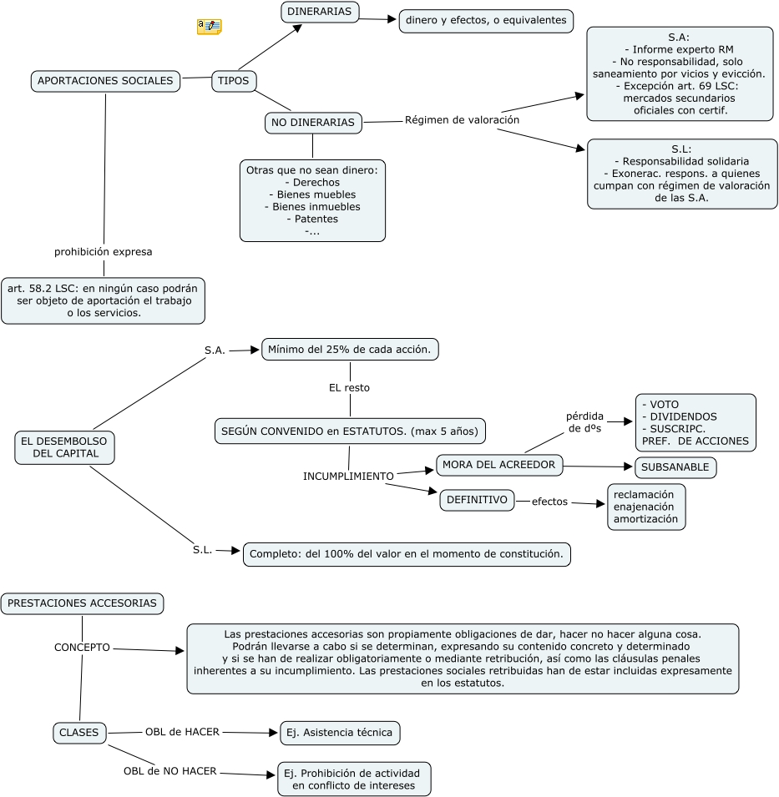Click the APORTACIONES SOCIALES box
[105, 81]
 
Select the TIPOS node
[233, 81]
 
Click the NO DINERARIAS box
[313, 123]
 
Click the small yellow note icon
[209, 27]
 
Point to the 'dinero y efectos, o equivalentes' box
[486, 20]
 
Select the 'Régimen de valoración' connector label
[462, 119]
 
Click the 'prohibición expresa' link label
[104, 250]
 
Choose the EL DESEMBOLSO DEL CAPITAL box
[65, 446]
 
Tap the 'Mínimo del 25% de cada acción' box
[350, 349]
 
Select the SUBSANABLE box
[675, 467]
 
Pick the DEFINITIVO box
[477, 500]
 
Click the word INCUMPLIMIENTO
[348, 476]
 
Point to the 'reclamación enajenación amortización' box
[646, 507]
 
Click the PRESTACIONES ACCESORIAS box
[82, 603]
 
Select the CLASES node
[79, 733]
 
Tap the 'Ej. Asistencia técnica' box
[340, 733]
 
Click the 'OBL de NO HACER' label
[170, 771]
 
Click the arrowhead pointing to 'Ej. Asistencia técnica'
[272, 733]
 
